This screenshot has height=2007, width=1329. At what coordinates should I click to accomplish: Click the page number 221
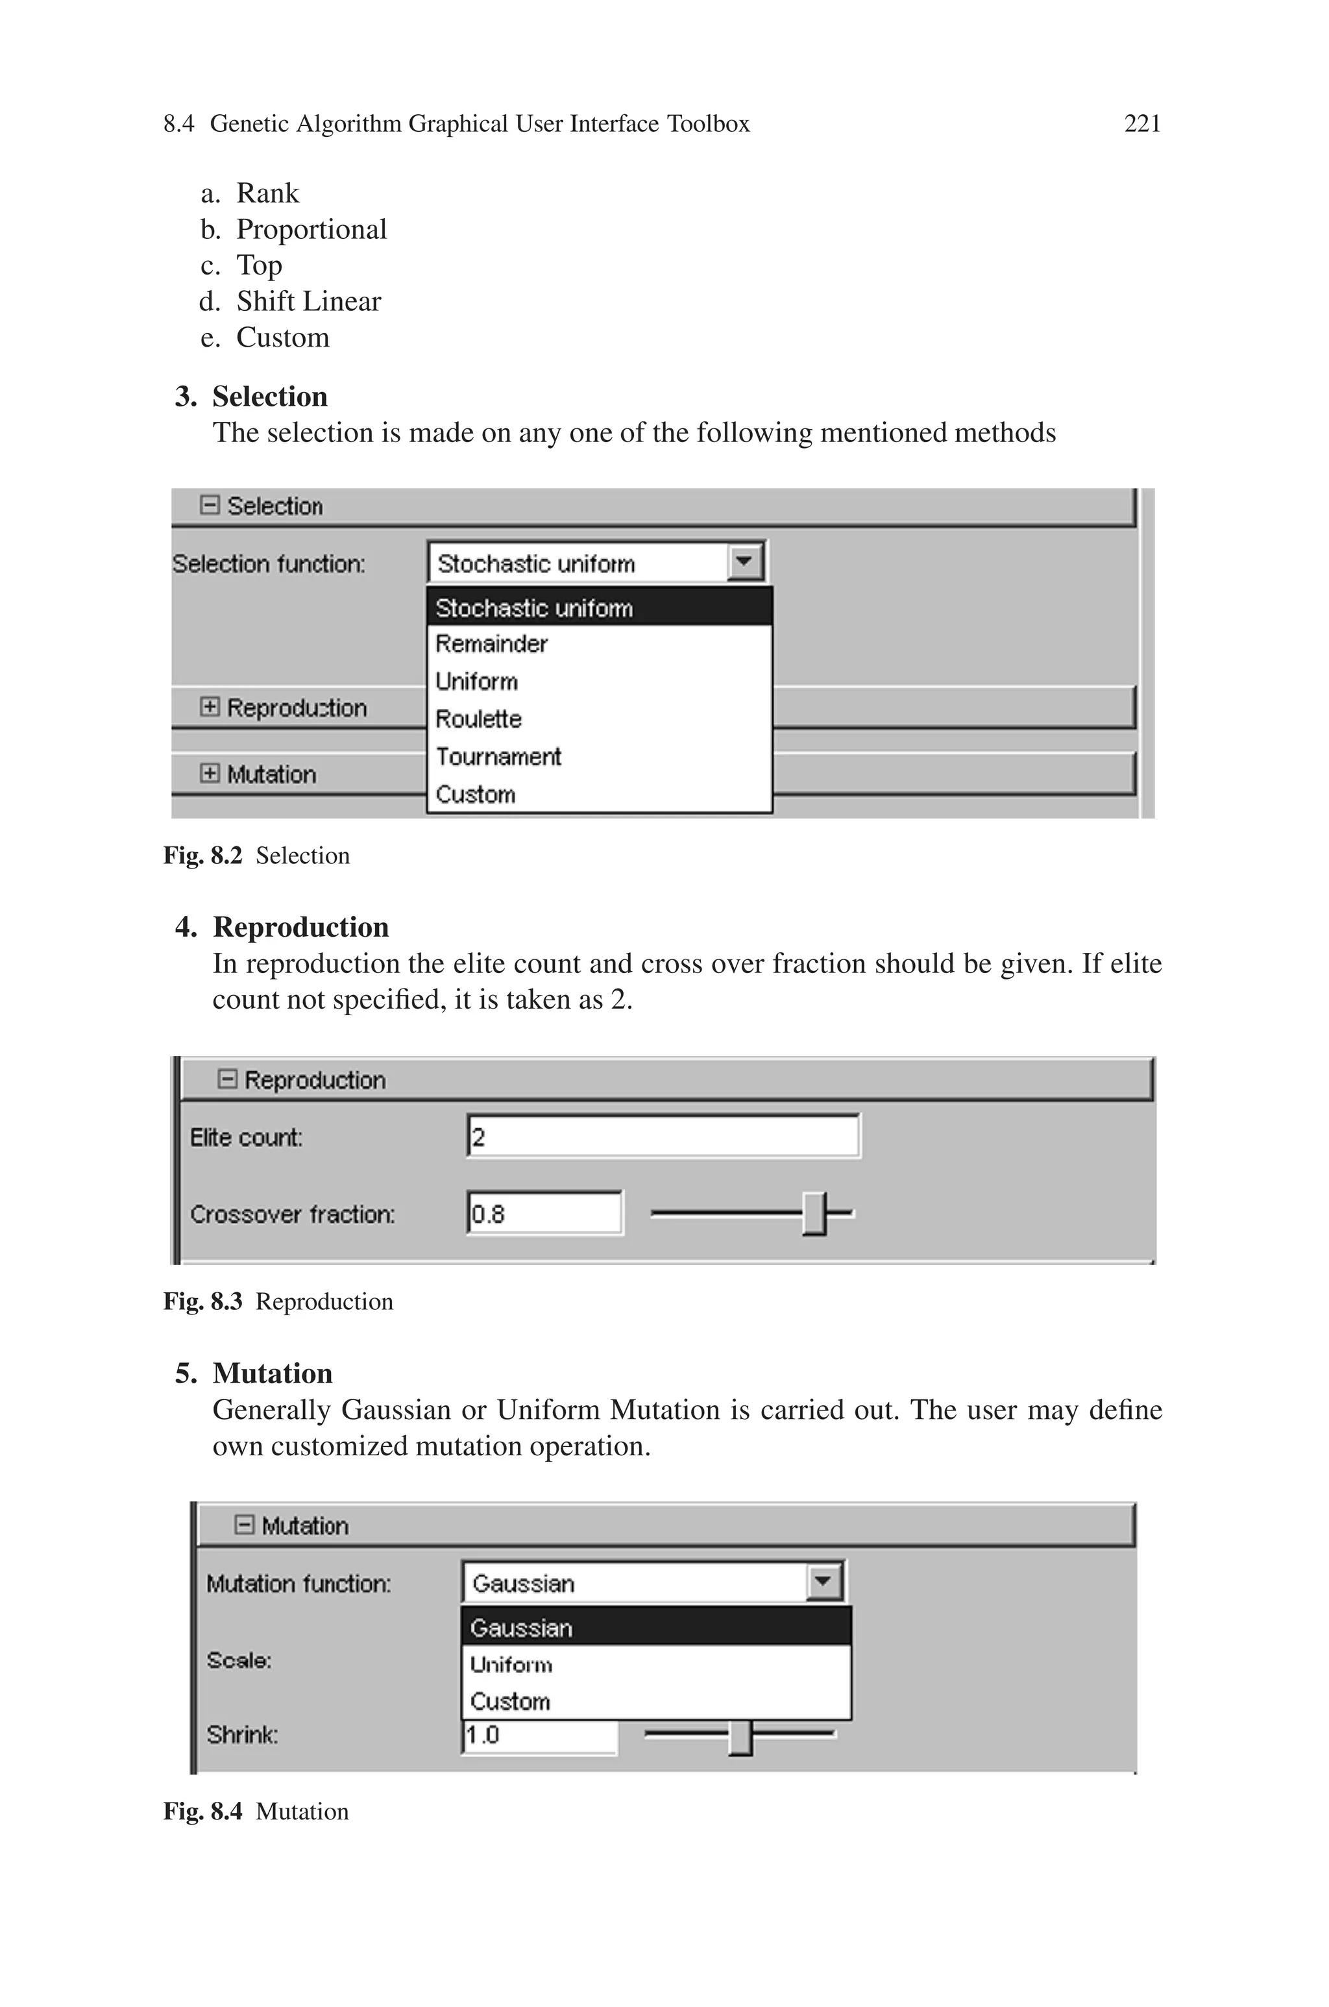1141,124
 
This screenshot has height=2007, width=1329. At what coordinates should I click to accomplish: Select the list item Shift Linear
308,301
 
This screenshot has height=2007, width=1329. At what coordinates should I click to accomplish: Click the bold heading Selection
269,397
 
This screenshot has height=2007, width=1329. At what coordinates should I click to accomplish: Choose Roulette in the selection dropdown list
478,719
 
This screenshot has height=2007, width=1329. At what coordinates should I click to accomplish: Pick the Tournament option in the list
498,756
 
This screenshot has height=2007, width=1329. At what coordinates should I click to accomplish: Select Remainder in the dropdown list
492,644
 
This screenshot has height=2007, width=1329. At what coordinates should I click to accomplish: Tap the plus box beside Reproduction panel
210,707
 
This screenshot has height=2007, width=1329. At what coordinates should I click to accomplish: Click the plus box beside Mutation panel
210,773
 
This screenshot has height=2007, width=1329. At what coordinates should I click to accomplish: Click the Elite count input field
663,1137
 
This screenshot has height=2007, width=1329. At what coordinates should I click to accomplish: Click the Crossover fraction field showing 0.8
544,1214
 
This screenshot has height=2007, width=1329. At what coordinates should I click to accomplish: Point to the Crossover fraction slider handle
814,1214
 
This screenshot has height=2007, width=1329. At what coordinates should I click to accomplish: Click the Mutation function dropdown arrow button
823,1582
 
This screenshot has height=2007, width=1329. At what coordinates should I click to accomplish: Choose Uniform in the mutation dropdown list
511,1664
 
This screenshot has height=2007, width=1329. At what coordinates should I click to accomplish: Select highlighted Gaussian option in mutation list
521,1627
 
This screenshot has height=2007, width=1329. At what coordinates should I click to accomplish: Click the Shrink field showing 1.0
539,1735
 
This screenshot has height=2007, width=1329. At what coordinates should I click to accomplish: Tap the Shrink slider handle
740,1736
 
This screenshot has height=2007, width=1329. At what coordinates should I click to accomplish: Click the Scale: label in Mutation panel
239,1660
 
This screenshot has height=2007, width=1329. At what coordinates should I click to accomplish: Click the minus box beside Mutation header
244,1525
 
